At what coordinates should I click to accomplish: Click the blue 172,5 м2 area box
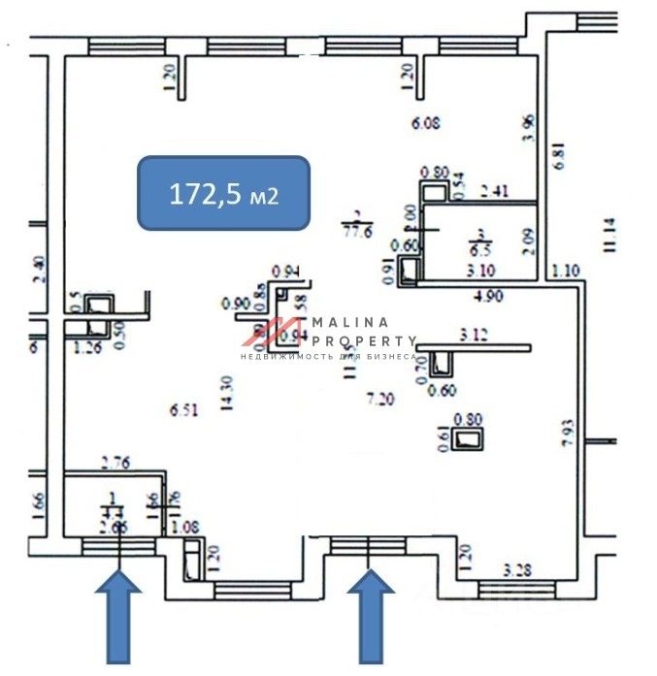click(223, 193)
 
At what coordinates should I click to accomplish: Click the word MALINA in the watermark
click(349, 322)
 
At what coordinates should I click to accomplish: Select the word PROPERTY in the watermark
click(365, 341)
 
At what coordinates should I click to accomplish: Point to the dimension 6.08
click(426, 123)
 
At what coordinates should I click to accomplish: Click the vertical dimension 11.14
click(608, 236)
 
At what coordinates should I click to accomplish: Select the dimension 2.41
click(495, 191)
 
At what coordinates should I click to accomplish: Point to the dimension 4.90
click(488, 297)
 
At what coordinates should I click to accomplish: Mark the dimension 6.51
click(184, 410)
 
